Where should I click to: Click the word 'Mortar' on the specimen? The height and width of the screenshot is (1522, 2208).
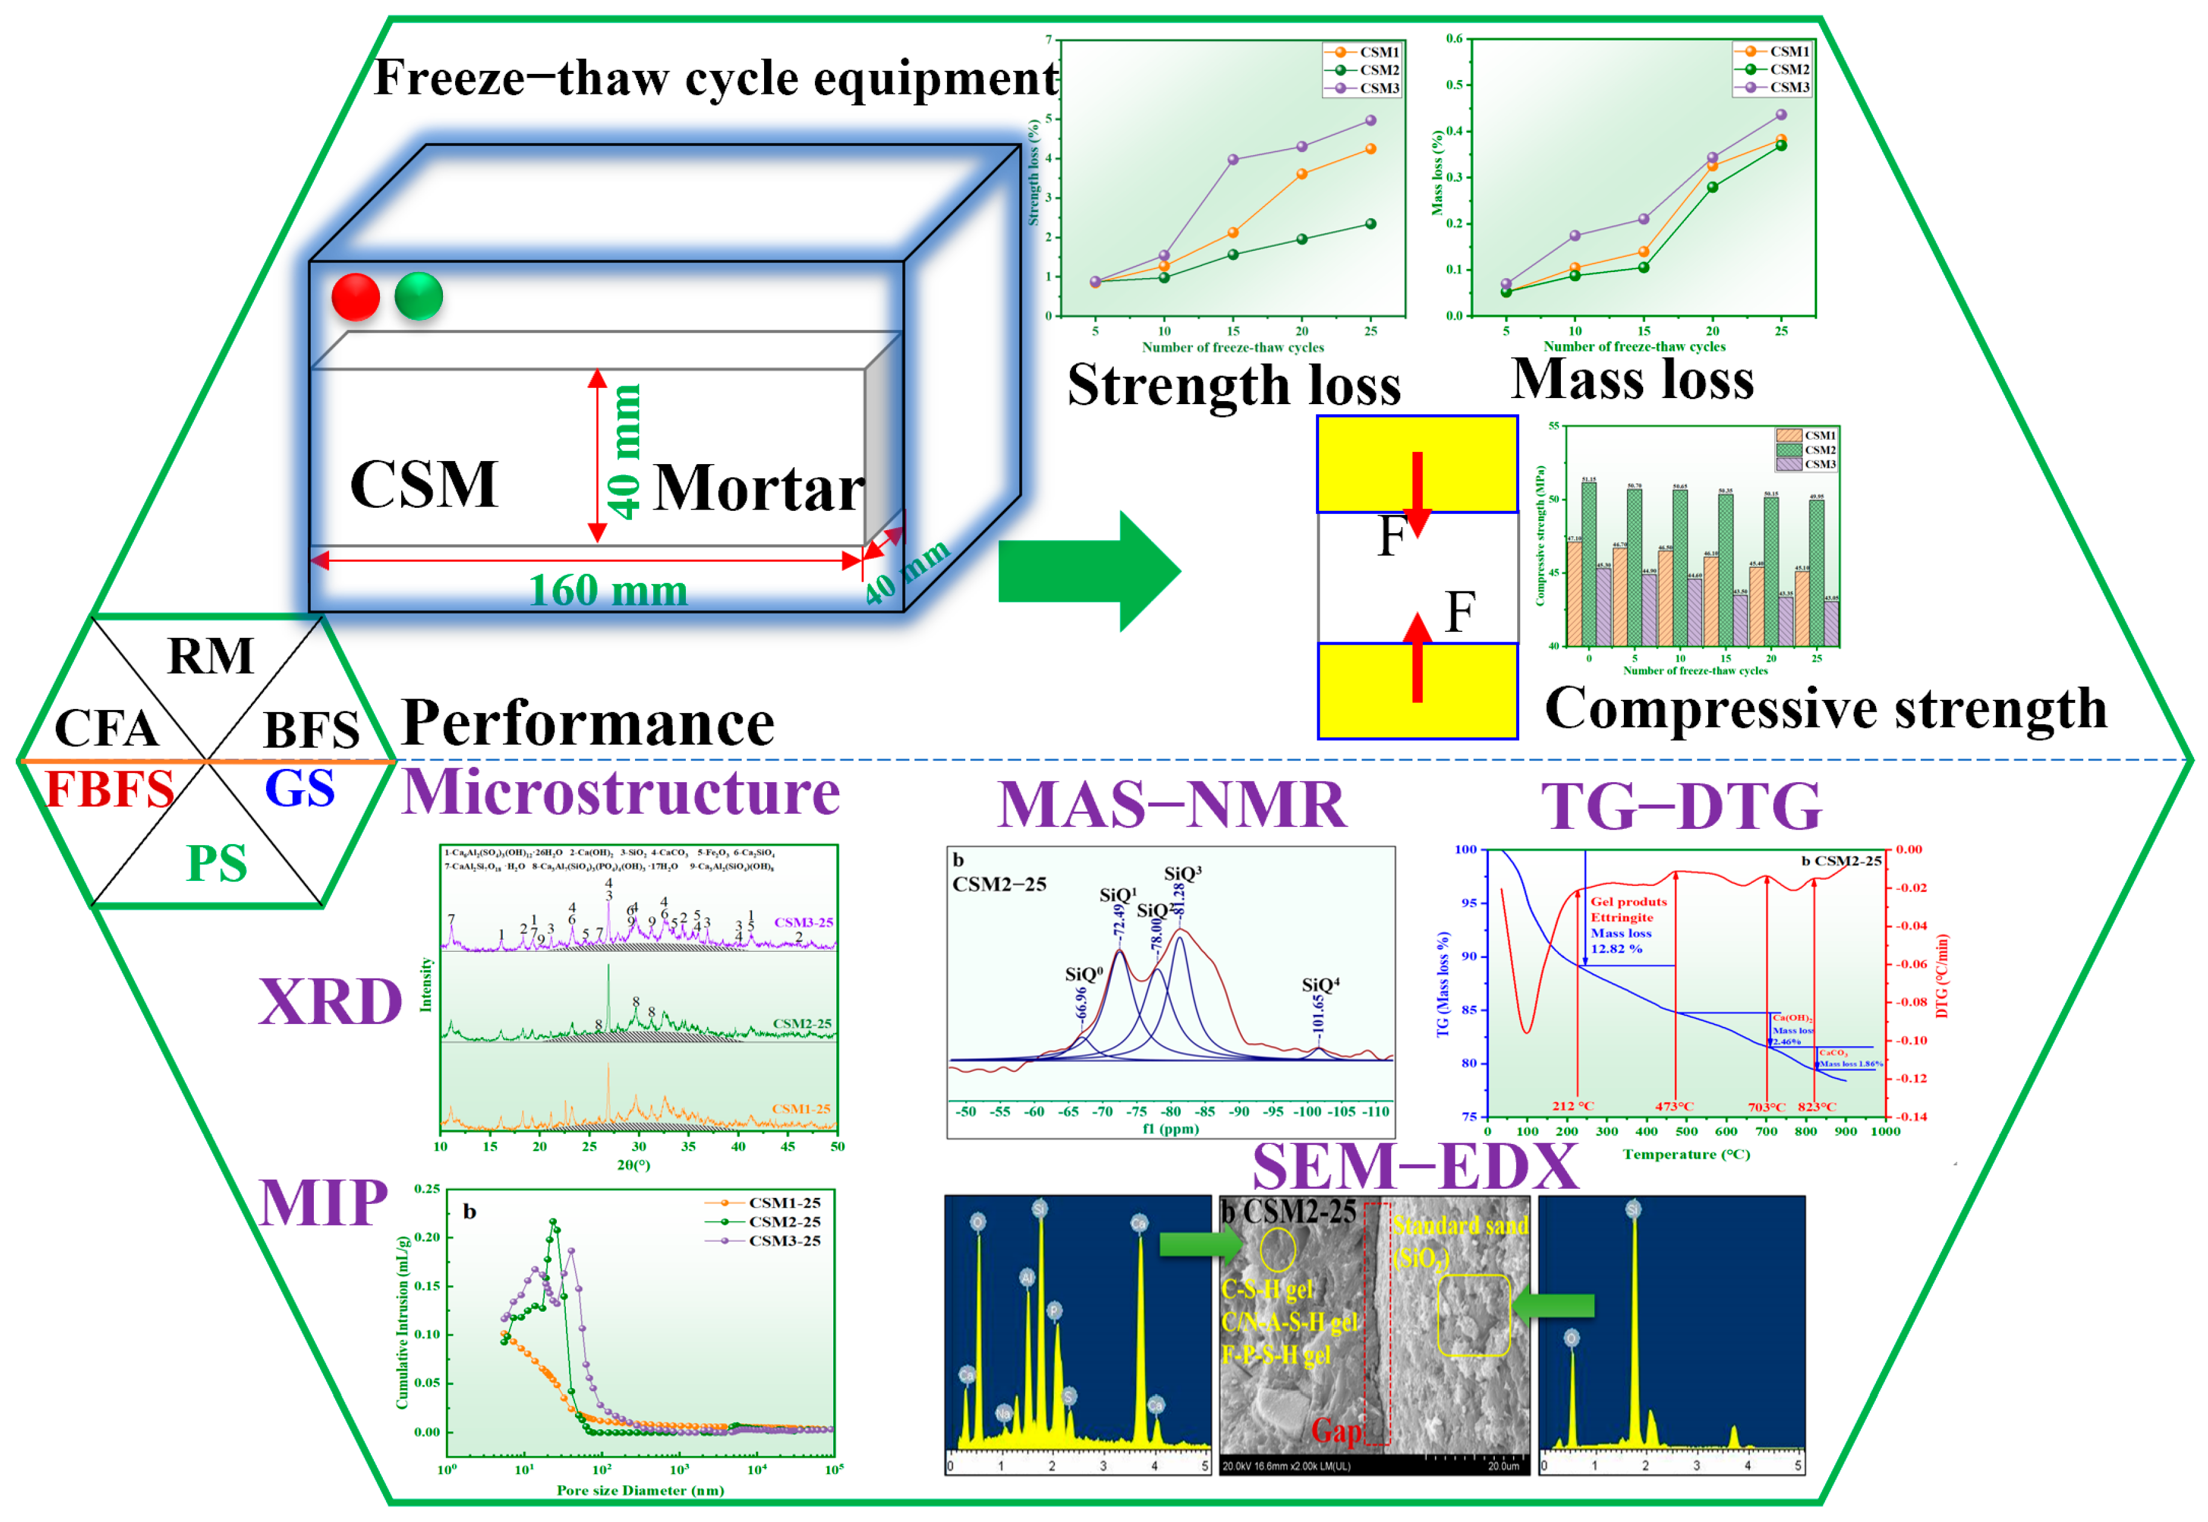pyautogui.click(x=758, y=489)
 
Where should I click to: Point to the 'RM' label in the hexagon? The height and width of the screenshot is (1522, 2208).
pyautogui.click(x=211, y=656)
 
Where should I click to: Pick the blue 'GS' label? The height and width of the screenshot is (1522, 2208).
pyautogui.click(x=299, y=789)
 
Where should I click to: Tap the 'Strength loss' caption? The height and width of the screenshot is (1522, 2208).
pyautogui.click(x=1233, y=385)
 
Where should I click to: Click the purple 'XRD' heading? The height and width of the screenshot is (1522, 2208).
pyautogui.click(x=330, y=1002)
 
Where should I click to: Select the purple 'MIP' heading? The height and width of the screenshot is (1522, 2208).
pyautogui.click(x=324, y=1203)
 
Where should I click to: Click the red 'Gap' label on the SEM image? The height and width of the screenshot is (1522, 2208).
pyautogui.click(x=1336, y=1431)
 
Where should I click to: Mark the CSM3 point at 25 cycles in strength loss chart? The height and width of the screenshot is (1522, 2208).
pyautogui.click(x=1371, y=120)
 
